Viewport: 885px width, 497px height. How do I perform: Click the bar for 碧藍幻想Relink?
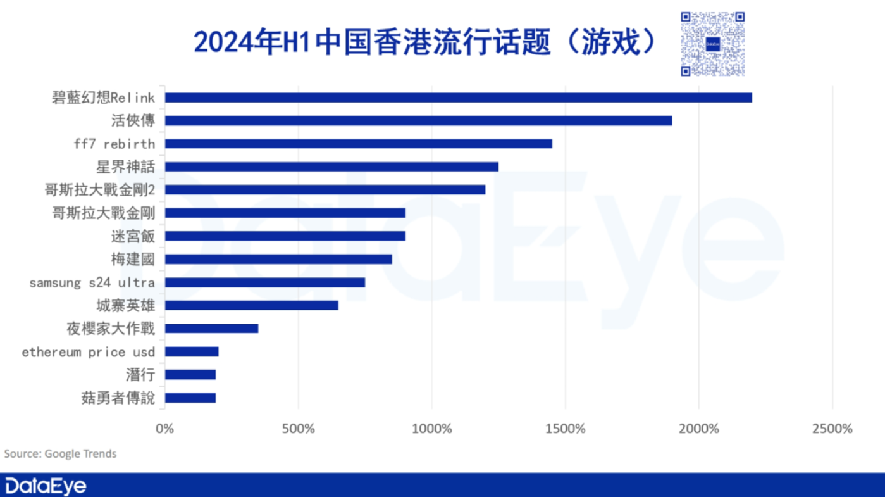458,98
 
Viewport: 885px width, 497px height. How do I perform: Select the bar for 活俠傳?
418,120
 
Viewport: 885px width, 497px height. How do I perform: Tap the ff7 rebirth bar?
358,144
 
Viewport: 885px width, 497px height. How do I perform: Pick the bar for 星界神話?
331,167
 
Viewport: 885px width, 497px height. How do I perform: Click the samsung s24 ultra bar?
264,282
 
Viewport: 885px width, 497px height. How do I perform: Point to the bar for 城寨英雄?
251,305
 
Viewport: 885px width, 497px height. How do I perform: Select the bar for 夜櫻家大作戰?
211,329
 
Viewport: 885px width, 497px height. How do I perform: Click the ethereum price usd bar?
191,351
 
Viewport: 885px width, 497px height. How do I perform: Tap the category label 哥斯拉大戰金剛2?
100,190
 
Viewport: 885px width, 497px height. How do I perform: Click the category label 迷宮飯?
133,236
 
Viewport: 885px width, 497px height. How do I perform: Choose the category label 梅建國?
133,260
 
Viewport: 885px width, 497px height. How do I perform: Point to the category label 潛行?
140,375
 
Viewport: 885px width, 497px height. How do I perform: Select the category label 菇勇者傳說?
118,398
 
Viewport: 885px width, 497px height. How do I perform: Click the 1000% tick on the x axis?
431,429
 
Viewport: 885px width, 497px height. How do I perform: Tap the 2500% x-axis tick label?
832,429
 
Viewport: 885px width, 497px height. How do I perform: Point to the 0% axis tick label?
164,429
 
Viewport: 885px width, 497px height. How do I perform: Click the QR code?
712,44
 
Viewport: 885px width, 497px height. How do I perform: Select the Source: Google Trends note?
61,453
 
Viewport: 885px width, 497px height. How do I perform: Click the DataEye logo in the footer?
46,486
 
